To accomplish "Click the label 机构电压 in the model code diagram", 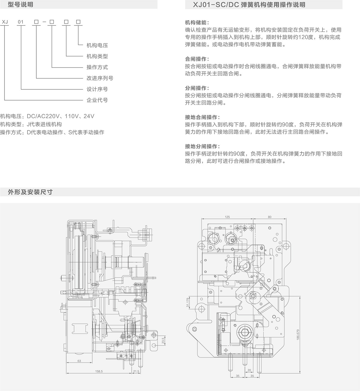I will click(x=97, y=45).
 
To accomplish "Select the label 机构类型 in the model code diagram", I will click(x=97, y=56).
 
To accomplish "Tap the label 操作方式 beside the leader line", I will click(x=97, y=67).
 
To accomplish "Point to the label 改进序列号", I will click(x=100, y=78).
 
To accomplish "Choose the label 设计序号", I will click(x=97, y=89).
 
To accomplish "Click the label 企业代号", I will click(x=97, y=100).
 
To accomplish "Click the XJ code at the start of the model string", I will click(x=5, y=22).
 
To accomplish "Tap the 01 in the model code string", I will click(x=21, y=22).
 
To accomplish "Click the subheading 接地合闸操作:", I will click(x=202, y=117).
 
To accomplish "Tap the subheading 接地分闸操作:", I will click(x=202, y=147).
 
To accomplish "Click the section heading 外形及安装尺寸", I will click(x=30, y=192).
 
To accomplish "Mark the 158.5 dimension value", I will click(x=99, y=371).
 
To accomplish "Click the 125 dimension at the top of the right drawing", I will click(x=227, y=216).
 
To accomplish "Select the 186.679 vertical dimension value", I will click(x=298, y=335).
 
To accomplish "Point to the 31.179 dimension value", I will click(x=187, y=303).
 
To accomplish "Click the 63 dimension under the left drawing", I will click(x=79, y=361).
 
